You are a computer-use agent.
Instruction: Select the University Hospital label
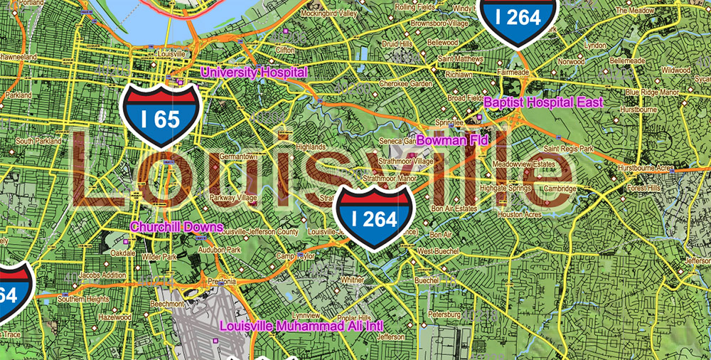click(x=254, y=73)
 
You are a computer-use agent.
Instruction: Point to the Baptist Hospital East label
click(x=543, y=102)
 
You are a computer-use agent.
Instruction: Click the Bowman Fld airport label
click(x=452, y=141)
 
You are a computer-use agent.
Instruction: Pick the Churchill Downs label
click(x=176, y=228)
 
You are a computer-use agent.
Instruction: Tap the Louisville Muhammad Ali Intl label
click(x=301, y=326)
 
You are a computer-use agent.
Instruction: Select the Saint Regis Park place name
click(x=568, y=149)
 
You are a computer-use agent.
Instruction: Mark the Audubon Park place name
click(x=219, y=250)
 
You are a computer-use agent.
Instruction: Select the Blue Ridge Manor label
click(x=651, y=92)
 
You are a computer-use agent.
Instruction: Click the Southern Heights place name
click(x=83, y=300)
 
